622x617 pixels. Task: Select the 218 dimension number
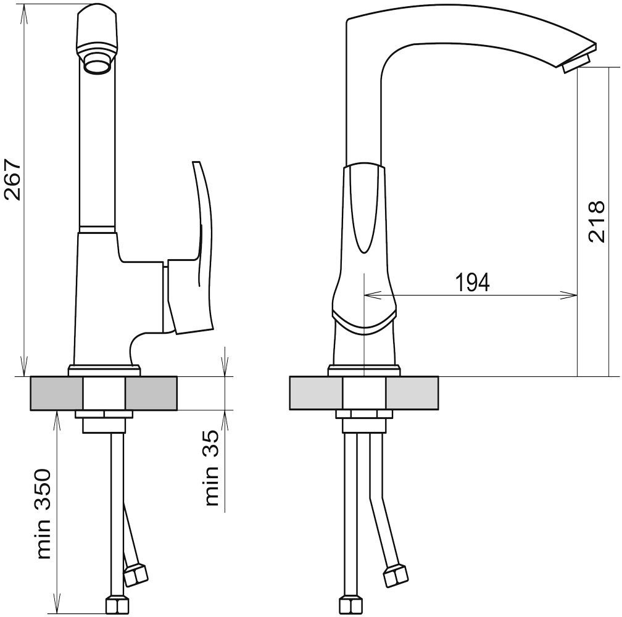(x=596, y=222)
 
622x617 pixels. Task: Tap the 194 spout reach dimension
(x=472, y=282)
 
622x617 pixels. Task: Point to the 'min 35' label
(x=212, y=468)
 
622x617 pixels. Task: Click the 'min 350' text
(x=44, y=515)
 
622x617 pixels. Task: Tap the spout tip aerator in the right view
(x=576, y=64)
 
